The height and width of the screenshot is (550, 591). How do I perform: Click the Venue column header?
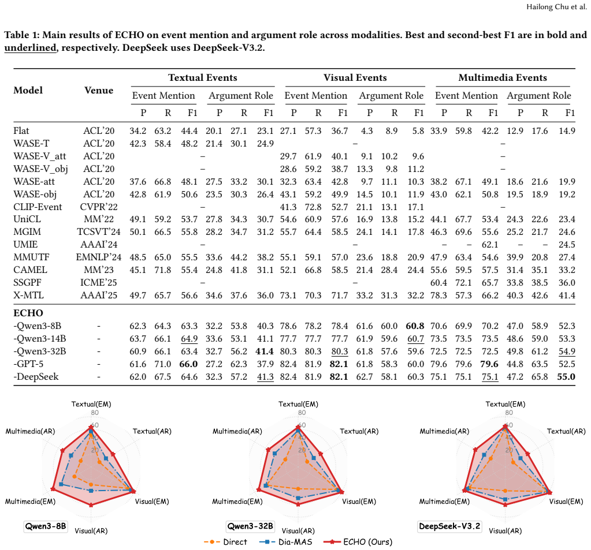99,91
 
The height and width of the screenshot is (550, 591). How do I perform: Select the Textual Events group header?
203,77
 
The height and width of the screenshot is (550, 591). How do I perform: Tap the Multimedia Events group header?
503,77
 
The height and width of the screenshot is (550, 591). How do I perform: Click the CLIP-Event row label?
38,207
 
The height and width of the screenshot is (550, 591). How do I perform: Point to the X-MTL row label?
29,295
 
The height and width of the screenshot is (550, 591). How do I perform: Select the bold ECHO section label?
28,313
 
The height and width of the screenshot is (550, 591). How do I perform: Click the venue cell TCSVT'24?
99,232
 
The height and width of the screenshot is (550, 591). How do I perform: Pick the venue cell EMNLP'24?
99,257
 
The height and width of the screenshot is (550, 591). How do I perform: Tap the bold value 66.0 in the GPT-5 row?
188,364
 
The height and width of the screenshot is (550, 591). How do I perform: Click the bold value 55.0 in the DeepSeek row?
566,376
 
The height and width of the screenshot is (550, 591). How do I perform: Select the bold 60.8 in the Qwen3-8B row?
415,326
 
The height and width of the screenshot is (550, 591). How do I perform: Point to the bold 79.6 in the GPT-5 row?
490,364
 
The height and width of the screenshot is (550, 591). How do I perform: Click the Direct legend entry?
225,542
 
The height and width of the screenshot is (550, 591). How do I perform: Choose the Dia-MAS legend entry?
286,542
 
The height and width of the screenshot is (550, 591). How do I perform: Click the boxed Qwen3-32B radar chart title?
250,526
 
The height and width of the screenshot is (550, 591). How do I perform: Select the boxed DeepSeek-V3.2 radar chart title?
449,526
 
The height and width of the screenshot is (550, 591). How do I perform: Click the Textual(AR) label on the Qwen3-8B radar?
152,431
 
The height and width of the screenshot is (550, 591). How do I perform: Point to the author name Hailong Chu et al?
556,7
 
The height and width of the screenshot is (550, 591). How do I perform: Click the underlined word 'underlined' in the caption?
30,48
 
